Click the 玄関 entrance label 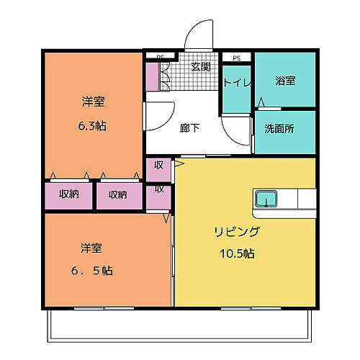pos(201,67)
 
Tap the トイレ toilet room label pos(236,83)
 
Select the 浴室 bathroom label pos(285,81)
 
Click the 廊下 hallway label pos(189,127)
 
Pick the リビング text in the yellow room pos(235,232)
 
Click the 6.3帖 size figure pos(92,125)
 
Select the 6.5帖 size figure pos(92,271)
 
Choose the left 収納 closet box pos(69,194)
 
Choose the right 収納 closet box pos(118,194)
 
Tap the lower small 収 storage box pos(158,190)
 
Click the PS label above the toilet pos(236,57)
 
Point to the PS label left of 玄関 pos(160,56)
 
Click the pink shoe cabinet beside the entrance pos(153,76)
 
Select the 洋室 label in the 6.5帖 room pos(92,248)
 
